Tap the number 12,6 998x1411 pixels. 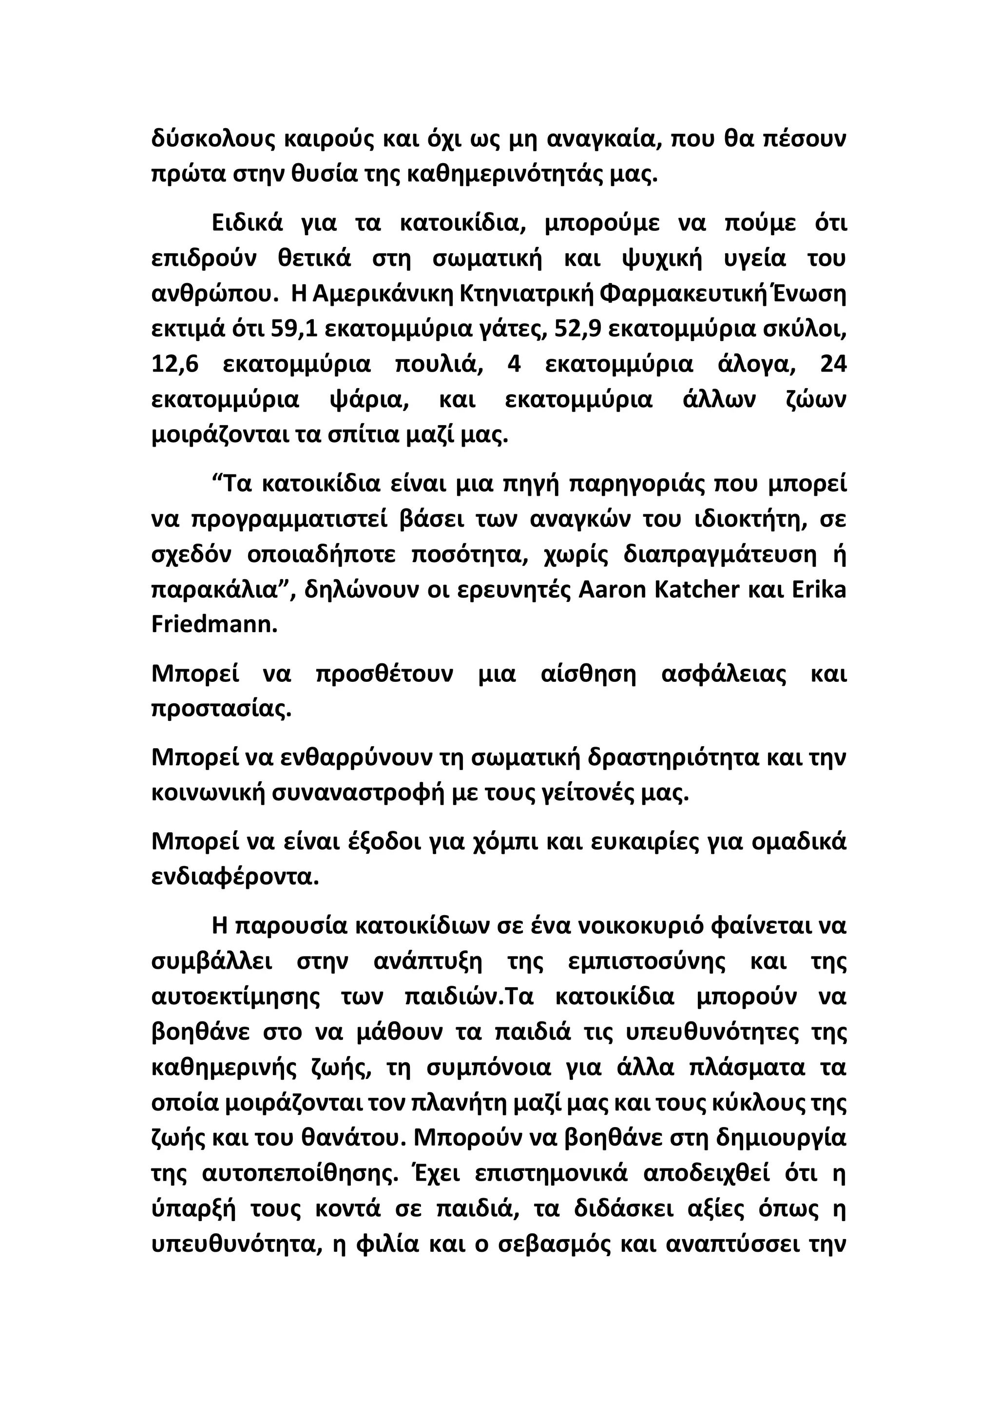(175, 364)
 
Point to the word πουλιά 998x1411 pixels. (436, 364)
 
